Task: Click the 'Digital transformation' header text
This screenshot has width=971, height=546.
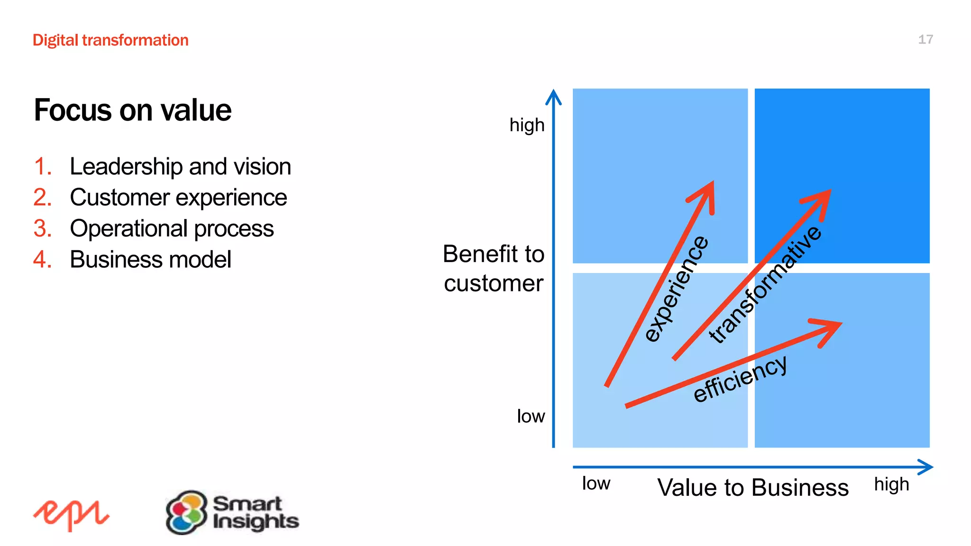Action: point(110,40)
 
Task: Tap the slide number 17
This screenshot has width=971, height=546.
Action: point(925,39)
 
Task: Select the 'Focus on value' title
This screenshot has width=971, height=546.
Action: point(133,110)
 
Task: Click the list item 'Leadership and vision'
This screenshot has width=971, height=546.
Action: point(180,166)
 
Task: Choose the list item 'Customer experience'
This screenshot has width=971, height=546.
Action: point(178,197)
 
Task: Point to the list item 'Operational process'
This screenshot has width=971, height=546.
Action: point(172,228)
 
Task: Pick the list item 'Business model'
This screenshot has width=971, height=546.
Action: point(150,259)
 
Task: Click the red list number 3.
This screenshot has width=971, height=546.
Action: point(42,228)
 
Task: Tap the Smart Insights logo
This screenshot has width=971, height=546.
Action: point(232,512)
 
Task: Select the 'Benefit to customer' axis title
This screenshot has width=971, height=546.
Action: point(493,268)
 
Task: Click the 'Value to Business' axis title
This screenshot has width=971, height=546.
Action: point(753,487)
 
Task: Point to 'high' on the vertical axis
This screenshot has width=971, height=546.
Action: point(527,126)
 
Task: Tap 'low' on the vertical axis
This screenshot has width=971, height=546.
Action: point(531,416)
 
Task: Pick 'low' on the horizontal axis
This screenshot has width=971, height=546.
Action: point(596,483)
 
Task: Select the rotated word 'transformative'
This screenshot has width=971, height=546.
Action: point(765,284)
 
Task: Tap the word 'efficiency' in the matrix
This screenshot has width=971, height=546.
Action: point(740,379)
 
